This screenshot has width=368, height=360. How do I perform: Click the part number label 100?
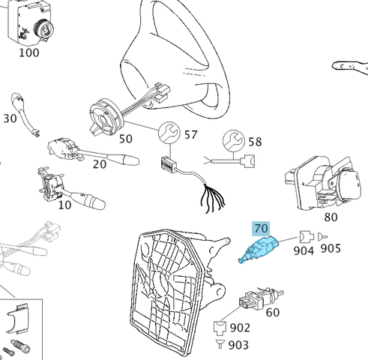[28, 53]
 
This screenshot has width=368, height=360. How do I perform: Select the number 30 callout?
[10, 119]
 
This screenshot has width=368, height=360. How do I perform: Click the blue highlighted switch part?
[259, 250]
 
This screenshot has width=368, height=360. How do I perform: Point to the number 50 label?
[125, 139]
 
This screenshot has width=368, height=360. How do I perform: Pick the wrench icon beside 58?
[232, 140]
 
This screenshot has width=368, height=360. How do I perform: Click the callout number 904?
[304, 251]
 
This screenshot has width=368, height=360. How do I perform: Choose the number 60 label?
[272, 312]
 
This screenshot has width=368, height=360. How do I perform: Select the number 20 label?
[99, 166]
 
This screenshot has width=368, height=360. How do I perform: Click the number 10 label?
[65, 203]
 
